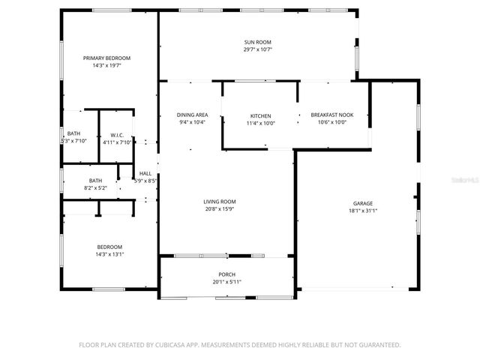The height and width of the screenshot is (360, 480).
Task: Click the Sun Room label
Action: [x=257, y=42]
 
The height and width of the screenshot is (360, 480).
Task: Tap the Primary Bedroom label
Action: [x=106, y=58]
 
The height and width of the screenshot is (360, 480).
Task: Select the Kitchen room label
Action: [x=261, y=115]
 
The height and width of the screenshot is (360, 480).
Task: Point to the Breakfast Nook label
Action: [x=331, y=115]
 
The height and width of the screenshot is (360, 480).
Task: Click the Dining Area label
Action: [x=192, y=115]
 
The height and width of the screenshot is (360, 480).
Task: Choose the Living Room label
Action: [x=220, y=202]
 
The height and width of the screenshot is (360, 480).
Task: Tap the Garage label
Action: [x=363, y=203]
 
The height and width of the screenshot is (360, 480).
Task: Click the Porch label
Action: [x=226, y=274]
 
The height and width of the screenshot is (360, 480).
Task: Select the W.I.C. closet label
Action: [x=116, y=135]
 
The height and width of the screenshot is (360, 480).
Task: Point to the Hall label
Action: [x=145, y=173]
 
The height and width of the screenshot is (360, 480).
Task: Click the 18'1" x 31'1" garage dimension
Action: [x=363, y=211]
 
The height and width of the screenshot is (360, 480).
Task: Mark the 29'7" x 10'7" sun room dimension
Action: [x=257, y=49]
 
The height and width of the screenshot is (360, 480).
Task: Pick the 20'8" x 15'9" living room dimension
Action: [x=220, y=209]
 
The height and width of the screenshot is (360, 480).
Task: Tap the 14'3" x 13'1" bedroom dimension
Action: [x=109, y=254]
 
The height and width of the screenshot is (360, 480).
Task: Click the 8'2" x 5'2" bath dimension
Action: [x=96, y=187]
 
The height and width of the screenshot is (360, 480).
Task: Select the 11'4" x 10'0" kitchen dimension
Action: [x=261, y=123]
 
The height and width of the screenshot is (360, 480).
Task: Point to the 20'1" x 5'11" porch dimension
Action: [x=226, y=282]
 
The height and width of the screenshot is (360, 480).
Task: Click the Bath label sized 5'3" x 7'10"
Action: [x=73, y=134]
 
